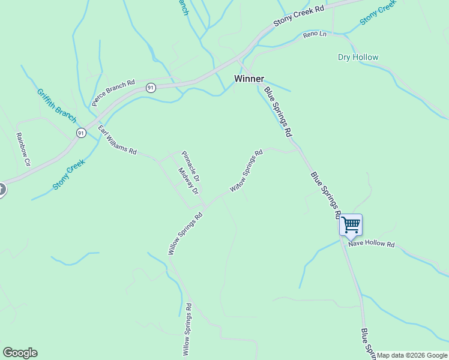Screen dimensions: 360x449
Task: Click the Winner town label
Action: click(x=249, y=79)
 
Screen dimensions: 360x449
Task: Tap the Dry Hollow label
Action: click(x=358, y=58)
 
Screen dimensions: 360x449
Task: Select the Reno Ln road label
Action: click(x=315, y=35)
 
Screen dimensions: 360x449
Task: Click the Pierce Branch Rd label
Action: click(x=114, y=92)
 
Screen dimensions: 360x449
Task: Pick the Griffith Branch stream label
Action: click(x=56, y=103)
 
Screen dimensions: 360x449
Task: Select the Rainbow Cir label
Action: click(x=23, y=149)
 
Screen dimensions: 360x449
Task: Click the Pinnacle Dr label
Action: click(x=190, y=166)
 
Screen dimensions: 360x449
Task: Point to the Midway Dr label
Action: click(x=188, y=181)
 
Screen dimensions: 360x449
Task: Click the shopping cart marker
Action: click(x=351, y=225)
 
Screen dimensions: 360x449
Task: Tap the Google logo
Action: click(x=20, y=353)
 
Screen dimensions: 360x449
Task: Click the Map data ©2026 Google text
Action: click(x=412, y=355)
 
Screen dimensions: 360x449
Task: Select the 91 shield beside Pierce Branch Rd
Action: click(x=151, y=88)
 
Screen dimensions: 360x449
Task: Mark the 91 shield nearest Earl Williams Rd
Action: click(x=80, y=133)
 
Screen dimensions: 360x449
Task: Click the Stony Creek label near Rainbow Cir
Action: click(x=68, y=174)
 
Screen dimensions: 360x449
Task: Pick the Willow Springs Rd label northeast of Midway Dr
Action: click(x=246, y=171)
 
